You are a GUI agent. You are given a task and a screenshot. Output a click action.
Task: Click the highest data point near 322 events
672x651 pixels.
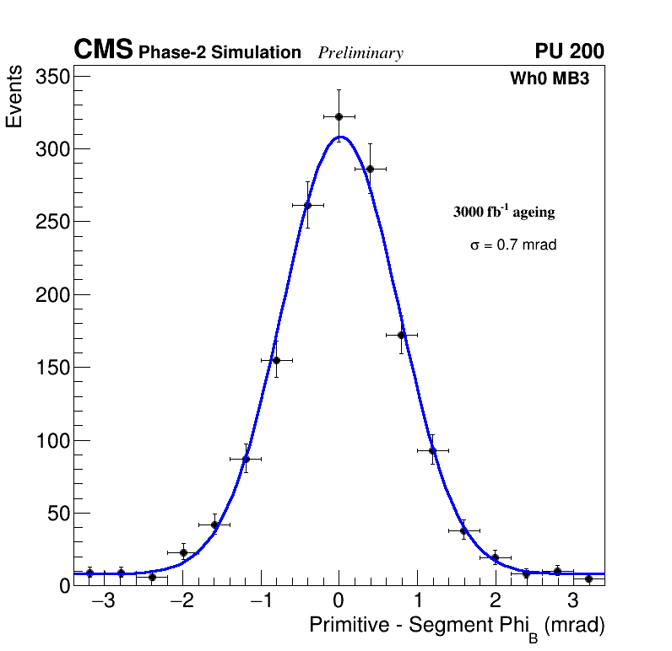coord(339,116)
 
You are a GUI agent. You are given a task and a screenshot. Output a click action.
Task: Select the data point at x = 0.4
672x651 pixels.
coord(370,169)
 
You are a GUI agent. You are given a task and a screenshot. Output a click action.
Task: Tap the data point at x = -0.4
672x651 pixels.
coord(307,205)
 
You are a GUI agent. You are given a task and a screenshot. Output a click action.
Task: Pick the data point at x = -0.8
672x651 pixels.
coord(276,360)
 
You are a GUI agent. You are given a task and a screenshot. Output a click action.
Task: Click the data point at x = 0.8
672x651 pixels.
coord(401,335)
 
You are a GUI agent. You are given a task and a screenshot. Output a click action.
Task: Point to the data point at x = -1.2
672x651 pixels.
coord(246,459)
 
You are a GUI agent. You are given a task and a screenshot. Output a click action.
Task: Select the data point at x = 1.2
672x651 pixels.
coord(432,450)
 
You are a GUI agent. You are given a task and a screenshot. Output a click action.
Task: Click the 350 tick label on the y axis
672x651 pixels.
coord(52,77)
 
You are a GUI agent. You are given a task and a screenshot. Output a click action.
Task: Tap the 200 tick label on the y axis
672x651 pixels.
coord(52,295)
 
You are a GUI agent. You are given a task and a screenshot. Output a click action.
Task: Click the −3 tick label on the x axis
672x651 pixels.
coord(103,602)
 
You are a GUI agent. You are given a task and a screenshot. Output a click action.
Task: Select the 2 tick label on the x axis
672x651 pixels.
coord(495,602)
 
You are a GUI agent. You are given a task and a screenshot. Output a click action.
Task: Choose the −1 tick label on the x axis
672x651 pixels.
coord(259,602)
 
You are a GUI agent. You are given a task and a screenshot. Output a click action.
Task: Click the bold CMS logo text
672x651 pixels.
coord(103,51)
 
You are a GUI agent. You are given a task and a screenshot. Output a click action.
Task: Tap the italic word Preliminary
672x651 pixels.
coord(360,53)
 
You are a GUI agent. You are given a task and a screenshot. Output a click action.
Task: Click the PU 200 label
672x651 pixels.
coord(569,51)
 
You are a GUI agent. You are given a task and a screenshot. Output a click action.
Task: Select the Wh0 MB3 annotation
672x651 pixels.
coord(549,79)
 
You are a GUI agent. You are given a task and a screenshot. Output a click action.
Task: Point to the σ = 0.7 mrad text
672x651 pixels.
coord(513,245)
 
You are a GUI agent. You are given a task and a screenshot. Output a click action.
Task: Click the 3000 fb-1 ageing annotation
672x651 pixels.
coord(504,212)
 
